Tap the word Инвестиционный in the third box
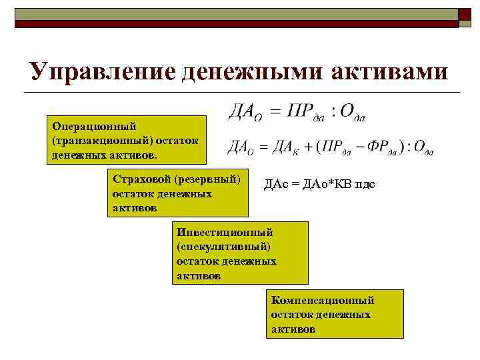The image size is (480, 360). tap(225, 233)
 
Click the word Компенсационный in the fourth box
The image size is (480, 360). tap(323, 301)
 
